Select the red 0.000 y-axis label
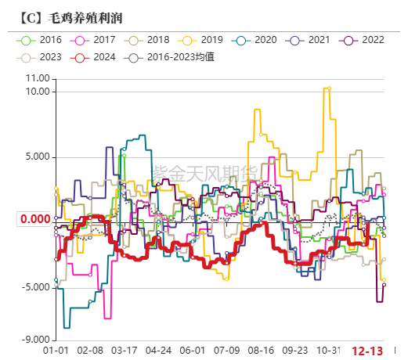coord(35,219)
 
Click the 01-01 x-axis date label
coord(56,351)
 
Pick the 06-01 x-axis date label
coord(193,351)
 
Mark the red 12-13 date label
coord(366,351)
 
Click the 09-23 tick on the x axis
coord(295,351)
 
